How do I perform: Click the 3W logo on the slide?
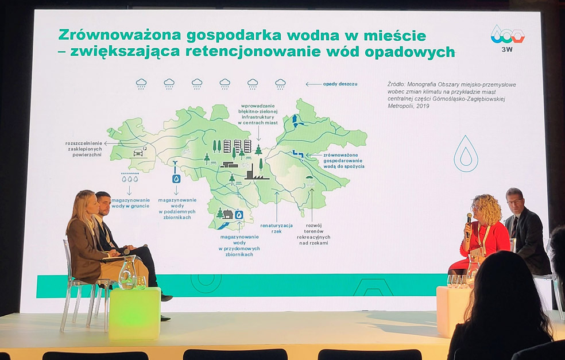[508, 38]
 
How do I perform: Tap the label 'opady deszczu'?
[340, 84]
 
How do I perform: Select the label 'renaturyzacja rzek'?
[276, 229]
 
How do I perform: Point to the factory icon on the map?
[257, 172]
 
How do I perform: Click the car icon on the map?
[138, 152]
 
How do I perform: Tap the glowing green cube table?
[134, 313]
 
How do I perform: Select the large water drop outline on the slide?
[466, 154]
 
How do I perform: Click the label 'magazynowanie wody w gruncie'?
[130, 203]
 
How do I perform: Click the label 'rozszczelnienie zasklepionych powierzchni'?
[84, 149]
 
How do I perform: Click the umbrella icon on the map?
[309, 180]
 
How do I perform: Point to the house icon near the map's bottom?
[228, 214]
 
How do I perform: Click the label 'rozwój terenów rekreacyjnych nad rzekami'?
[314, 234]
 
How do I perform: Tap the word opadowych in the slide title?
[410, 52]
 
